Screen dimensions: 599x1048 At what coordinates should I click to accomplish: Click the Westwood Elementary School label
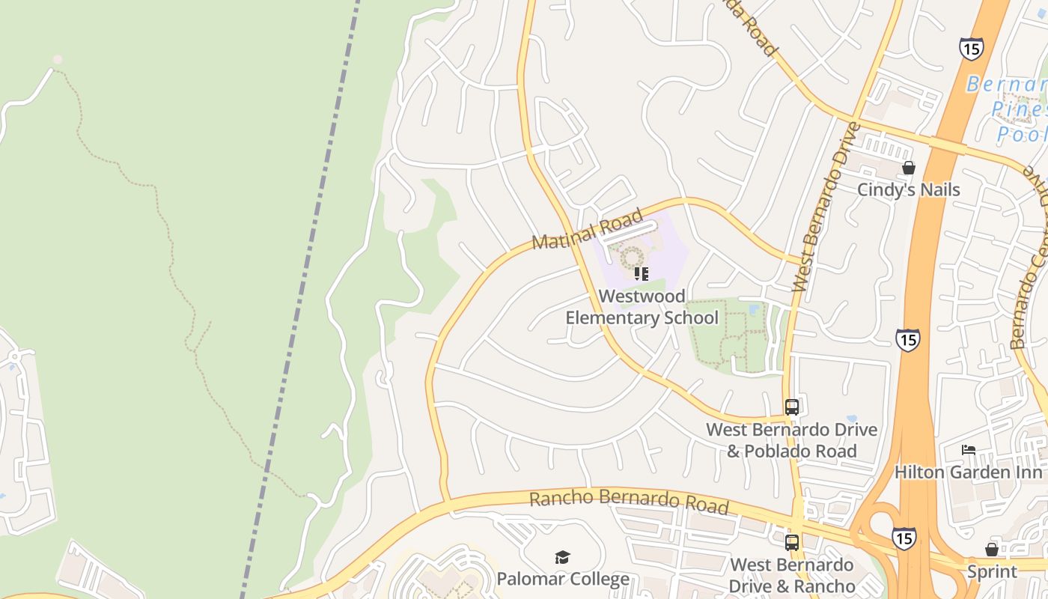(642, 307)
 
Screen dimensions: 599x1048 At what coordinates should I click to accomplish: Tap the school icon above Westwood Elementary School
(641, 273)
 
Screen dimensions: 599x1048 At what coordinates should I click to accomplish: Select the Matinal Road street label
(587, 229)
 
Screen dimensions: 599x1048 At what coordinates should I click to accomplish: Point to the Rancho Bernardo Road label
(629, 502)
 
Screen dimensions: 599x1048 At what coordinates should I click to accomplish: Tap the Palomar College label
(563, 579)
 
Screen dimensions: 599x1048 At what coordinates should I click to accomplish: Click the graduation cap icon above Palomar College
(562, 557)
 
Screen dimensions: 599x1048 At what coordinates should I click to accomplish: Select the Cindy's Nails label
(908, 189)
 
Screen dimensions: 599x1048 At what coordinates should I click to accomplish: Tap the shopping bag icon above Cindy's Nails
(909, 168)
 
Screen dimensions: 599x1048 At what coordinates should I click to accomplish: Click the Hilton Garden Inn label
(968, 472)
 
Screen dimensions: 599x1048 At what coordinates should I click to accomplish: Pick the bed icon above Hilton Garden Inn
(969, 450)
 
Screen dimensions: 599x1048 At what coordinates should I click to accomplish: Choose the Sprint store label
(992, 571)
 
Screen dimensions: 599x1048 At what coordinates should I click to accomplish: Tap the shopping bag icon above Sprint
(992, 550)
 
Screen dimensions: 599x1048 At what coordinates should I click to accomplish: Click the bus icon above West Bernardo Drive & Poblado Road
(792, 407)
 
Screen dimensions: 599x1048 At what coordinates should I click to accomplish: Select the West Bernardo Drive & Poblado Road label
(792, 440)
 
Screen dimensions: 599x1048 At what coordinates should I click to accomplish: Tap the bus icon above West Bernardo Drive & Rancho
(792, 542)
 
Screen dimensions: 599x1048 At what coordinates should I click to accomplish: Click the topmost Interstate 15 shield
(971, 49)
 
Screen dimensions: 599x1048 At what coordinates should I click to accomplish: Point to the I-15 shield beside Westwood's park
(907, 340)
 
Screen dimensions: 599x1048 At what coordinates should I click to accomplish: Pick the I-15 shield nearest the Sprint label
(904, 538)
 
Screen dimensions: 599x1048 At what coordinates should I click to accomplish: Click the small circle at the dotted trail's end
(58, 59)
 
